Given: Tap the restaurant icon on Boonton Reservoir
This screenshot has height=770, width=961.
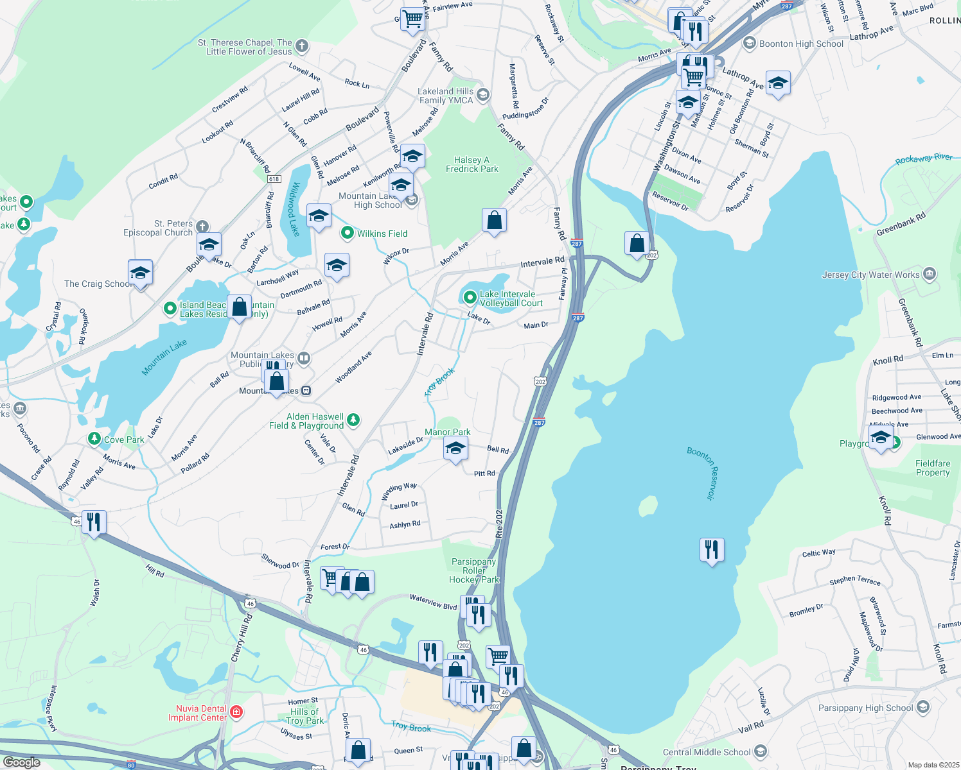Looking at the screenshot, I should [711, 550].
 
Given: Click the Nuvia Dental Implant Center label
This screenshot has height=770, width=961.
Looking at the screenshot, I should [197, 713].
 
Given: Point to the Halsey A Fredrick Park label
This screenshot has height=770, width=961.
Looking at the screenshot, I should [472, 164].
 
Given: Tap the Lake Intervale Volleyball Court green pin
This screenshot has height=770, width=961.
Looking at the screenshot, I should [470, 298].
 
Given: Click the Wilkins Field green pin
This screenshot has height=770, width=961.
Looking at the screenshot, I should [348, 234].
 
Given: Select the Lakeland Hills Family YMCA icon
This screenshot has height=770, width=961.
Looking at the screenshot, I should [483, 96].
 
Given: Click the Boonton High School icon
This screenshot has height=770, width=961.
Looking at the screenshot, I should [749, 44].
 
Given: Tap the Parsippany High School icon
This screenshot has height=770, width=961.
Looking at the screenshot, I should [923, 708].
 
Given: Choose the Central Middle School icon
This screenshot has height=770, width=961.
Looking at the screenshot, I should [761, 751].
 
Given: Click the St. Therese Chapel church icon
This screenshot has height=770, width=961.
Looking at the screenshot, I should [302, 46].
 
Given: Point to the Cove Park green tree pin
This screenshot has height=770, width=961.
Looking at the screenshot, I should [94, 439].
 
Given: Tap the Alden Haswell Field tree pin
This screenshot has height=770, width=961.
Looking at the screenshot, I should [353, 420].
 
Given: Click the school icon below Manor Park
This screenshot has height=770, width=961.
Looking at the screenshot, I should [455, 449].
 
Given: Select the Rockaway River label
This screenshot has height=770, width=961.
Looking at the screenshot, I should [924, 158].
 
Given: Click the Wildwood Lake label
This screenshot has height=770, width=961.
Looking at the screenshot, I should [294, 209].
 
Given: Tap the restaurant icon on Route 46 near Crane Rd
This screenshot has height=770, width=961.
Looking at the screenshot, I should [94, 522].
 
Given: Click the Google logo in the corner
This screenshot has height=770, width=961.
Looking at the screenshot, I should [22, 762].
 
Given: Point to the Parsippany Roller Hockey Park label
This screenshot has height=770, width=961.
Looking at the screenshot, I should [473, 570].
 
